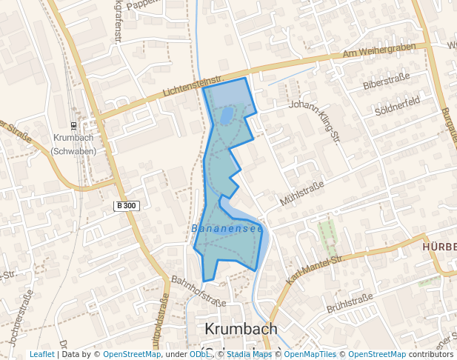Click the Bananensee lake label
(227, 229)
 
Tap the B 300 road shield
(127, 205)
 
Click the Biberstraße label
(386, 81)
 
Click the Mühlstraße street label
(302, 193)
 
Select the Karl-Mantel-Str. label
(316, 269)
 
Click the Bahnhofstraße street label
(199, 291)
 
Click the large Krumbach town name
(240, 330)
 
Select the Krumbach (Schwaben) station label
(74, 144)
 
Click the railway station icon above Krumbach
(73, 125)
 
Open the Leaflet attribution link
(41, 354)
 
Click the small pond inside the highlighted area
(226, 115)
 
